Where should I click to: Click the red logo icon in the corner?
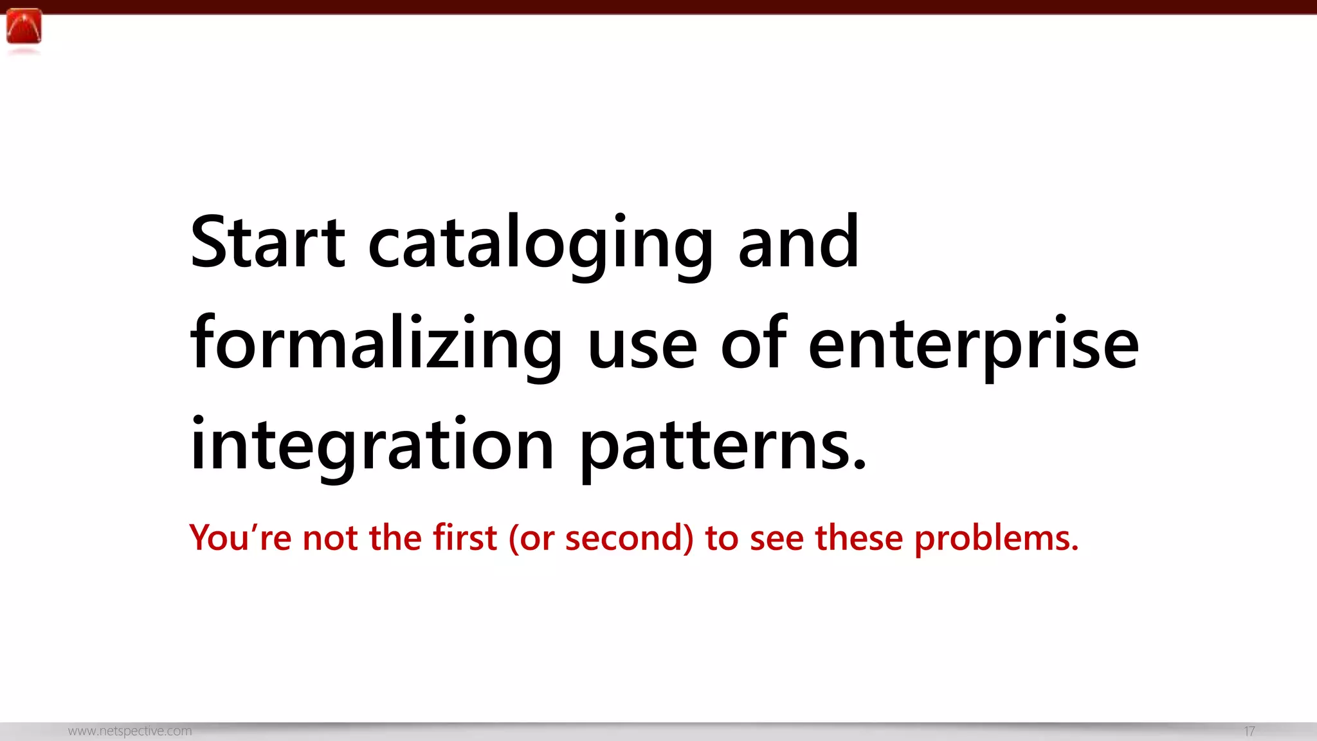click(x=24, y=27)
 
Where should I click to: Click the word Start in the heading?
click(x=268, y=242)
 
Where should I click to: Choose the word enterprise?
click(x=973, y=345)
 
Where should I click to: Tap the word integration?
click(x=372, y=446)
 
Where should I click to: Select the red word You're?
click(x=241, y=538)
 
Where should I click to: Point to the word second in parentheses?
click(x=624, y=538)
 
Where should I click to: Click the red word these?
click(x=859, y=538)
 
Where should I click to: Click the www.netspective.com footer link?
click(x=130, y=731)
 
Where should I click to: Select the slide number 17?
click(x=1249, y=731)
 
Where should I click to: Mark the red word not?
click(x=330, y=538)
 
